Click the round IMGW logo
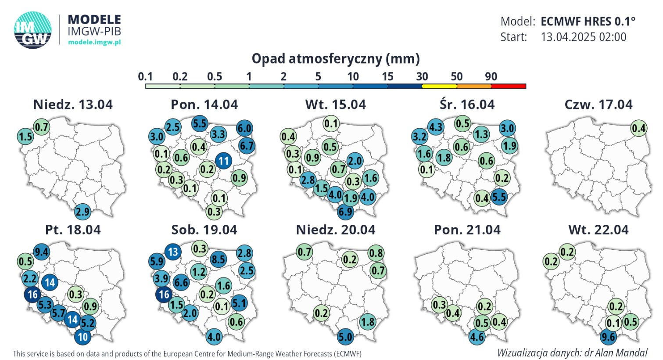[33, 30]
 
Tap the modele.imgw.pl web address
[94, 42]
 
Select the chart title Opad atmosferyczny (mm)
[336, 59]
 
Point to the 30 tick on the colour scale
[422, 76]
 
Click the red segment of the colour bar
[509, 86]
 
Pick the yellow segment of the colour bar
[439, 86]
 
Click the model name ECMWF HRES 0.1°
[588, 22]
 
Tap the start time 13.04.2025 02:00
[584, 37]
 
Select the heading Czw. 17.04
[598, 104]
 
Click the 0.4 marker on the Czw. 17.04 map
[639, 128]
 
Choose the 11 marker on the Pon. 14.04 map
[223, 161]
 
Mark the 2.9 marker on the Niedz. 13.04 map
[82, 212]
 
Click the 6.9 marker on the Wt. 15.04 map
[345, 212]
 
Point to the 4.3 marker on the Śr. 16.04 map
[436, 127]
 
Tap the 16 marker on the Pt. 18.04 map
[32, 294]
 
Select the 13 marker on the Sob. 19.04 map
[173, 252]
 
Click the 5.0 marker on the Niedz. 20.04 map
[345, 337]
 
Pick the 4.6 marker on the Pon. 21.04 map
[477, 337]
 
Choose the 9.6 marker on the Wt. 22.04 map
[608, 337]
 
